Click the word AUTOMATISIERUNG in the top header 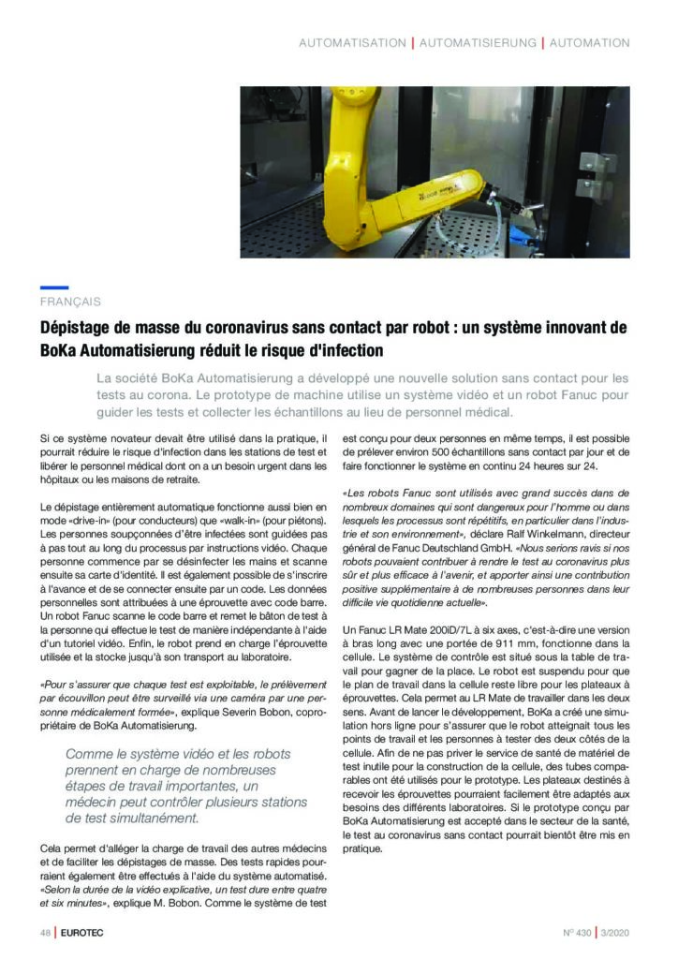click(x=478, y=43)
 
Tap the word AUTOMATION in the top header click(x=589, y=43)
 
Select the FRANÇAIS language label click(x=70, y=302)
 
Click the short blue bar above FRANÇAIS click(x=54, y=288)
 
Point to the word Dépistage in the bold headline click(x=78, y=329)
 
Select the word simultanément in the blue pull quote click(x=154, y=817)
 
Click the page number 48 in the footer click(x=44, y=932)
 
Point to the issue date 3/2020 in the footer click(x=615, y=932)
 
